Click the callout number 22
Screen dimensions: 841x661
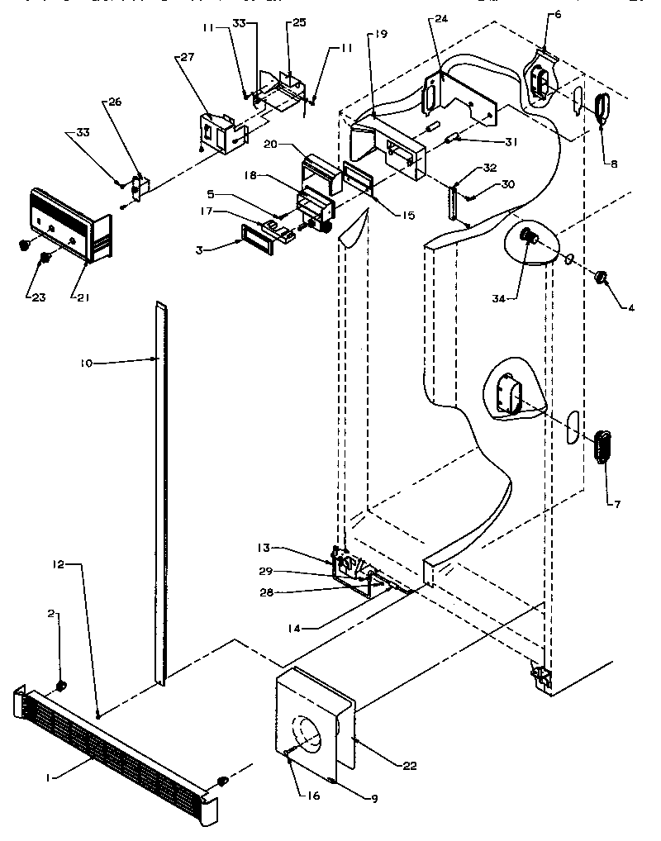410,767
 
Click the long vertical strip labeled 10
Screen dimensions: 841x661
159,496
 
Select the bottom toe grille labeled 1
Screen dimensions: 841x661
116,744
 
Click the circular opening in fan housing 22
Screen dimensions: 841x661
308,734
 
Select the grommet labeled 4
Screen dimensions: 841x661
600,275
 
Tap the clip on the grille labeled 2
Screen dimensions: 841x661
61,686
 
